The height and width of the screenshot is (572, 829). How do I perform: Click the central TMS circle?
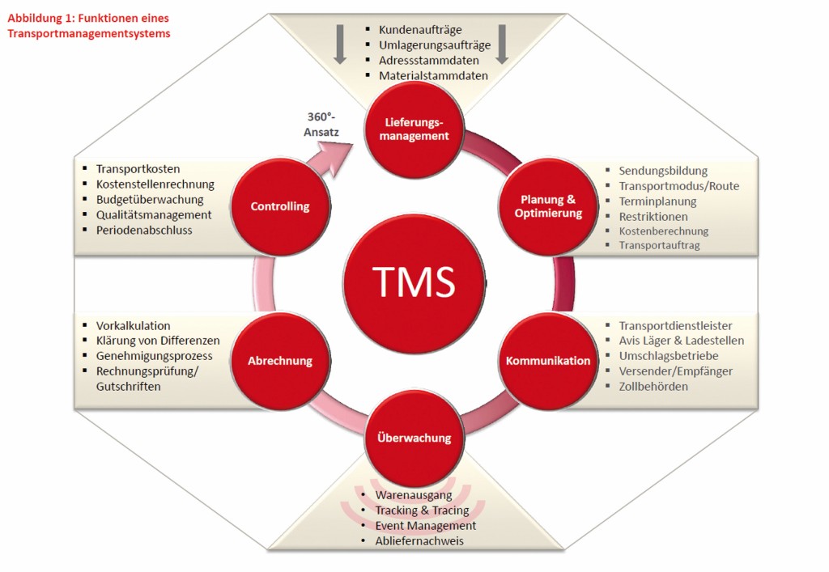click(x=414, y=281)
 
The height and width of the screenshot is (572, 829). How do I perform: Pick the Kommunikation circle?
click(x=548, y=360)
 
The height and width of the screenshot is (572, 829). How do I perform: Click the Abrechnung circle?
click(x=279, y=360)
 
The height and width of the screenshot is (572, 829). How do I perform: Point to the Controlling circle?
click(x=279, y=206)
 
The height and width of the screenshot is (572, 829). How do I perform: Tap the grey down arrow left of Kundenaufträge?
click(x=340, y=44)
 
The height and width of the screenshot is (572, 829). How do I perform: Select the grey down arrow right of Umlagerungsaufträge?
click(x=502, y=44)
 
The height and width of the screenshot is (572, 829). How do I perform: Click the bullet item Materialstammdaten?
click(x=433, y=75)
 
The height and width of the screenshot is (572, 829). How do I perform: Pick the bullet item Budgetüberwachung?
click(x=150, y=199)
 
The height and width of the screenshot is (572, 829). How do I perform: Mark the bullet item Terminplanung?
click(x=657, y=201)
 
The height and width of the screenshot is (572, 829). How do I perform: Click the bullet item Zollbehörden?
click(x=653, y=386)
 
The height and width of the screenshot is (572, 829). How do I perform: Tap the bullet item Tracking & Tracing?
click(x=422, y=510)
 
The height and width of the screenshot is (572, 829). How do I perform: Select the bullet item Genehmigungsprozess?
click(x=154, y=356)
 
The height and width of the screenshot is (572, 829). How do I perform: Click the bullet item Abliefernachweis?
click(x=419, y=540)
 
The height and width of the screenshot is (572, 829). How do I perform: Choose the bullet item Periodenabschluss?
click(x=144, y=230)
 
